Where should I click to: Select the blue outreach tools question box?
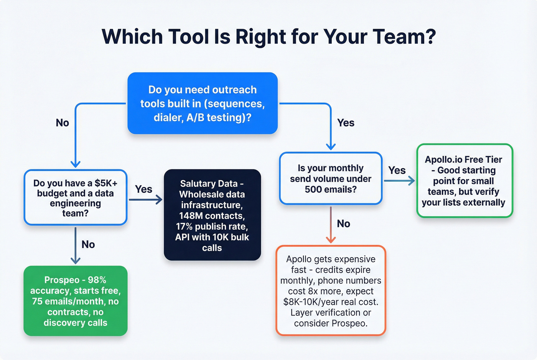point(203,103)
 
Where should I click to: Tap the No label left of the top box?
point(63,123)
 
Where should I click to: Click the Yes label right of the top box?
point(346,123)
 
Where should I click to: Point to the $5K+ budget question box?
point(76,197)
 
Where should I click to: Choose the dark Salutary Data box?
point(212,215)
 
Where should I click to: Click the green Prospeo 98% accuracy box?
point(76,301)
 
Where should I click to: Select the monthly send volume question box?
point(331,179)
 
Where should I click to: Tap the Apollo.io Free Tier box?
point(464,181)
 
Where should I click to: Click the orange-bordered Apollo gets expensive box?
point(331,291)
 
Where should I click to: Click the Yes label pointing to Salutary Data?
point(143,189)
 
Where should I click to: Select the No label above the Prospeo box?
point(88,245)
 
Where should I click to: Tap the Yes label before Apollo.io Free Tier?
point(397,170)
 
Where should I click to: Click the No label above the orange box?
point(343,224)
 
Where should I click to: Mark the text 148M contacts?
point(212,216)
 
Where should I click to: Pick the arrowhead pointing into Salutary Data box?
point(159,200)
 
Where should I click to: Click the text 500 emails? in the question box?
point(331,189)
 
